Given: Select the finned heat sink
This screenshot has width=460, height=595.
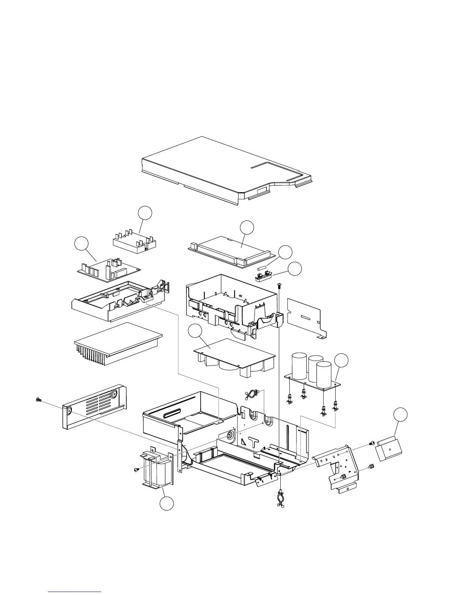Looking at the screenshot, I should pos(117,344).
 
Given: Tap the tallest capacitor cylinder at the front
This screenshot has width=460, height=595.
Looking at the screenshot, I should pos(324,374).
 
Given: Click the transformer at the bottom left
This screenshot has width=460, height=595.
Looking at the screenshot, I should pos(156,470).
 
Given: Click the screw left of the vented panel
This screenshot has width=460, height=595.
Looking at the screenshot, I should pos(38,400).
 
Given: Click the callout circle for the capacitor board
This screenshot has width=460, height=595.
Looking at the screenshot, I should pos(342,360).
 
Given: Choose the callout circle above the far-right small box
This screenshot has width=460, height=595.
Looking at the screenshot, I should pos(401,415).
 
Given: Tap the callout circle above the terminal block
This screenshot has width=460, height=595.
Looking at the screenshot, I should pos(145,213).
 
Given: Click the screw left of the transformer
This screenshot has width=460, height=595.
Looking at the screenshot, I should pos(136,470).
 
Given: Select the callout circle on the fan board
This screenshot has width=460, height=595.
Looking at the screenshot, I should pos(195,332).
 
